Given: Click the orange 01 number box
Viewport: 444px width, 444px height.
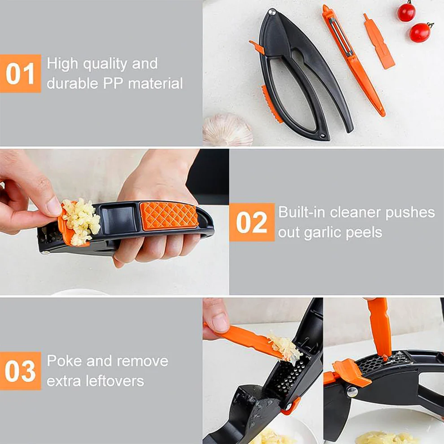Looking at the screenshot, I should (20, 74).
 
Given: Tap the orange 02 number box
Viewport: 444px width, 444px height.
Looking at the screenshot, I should (252, 222).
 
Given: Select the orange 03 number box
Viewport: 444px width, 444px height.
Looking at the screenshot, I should (20, 370).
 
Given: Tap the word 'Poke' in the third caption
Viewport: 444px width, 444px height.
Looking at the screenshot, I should (63, 361).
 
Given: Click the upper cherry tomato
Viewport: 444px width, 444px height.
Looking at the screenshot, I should (406, 12).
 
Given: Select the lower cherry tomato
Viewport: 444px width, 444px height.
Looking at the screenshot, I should (420, 32).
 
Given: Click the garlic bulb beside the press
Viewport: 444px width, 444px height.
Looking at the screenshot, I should (228, 130).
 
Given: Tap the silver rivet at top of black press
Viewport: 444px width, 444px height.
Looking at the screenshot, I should (271, 13).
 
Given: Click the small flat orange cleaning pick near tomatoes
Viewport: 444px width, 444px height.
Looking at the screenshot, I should (379, 42).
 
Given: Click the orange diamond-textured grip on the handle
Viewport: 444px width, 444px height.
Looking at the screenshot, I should (169, 216).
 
